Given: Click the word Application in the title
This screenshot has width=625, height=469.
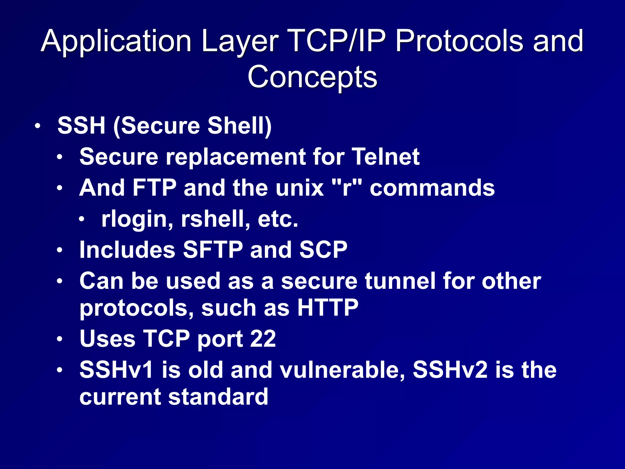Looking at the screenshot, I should tap(116, 41).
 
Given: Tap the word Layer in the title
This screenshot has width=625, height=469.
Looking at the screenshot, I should tap(240, 41).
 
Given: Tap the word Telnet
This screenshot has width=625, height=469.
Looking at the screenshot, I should tap(386, 157).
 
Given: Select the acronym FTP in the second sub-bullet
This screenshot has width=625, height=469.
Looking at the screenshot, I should tap(154, 187).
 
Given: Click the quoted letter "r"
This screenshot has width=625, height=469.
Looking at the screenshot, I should tap(347, 187).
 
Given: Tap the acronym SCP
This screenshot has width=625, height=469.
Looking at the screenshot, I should tap(323, 250).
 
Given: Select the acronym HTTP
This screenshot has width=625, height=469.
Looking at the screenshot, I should tap(328, 308).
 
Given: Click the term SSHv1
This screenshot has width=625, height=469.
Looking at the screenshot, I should tap(116, 370).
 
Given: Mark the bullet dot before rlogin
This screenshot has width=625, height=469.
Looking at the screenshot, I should tap(81, 220).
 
